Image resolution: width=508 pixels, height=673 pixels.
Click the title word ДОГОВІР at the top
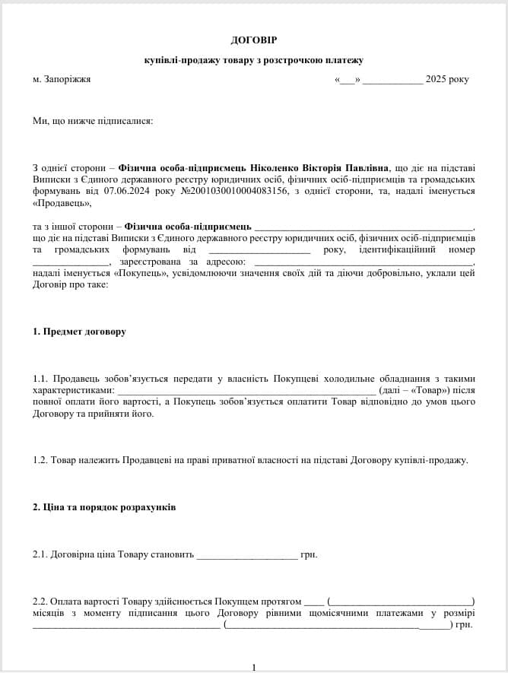click(253, 39)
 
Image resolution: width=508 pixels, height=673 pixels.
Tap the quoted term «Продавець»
click(62, 202)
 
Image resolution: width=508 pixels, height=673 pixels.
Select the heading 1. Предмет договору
click(79, 332)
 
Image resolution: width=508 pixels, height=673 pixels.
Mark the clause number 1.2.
click(40, 460)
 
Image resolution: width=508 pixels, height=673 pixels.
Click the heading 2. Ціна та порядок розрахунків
click(104, 507)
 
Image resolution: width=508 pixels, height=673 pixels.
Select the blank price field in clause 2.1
click(246, 555)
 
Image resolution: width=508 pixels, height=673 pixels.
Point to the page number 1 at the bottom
click(254, 668)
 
